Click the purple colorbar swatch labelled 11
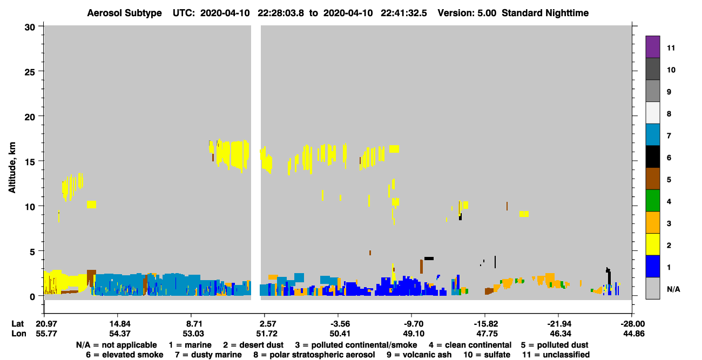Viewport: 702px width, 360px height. coord(652,46)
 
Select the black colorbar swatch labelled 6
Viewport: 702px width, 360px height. coord(652,157)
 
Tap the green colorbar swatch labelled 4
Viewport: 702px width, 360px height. coord(652,201)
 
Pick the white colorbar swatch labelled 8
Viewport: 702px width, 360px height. coord(652,113)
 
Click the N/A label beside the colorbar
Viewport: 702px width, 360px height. coord(673,289)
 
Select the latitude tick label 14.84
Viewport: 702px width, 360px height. coord(120,324)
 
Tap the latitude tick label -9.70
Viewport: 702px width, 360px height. coord(413,324)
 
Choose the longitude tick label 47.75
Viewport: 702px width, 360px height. coord(487,334)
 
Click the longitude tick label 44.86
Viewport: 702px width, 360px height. coord(633,334)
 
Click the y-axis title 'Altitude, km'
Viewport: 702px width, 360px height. coord(12,167)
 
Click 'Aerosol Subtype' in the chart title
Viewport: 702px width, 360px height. coord(124,13)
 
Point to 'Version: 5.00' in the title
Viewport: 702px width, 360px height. coord(467,13)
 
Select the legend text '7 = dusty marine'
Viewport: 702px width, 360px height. coord(208,355)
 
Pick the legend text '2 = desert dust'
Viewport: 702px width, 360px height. coord(253,345)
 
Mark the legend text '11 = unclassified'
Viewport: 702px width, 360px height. coord(556,355)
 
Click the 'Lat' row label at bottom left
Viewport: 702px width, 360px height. coord(18,324)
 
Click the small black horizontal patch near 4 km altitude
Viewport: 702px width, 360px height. coord(429,259)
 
